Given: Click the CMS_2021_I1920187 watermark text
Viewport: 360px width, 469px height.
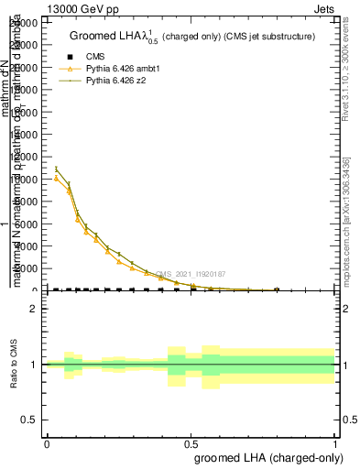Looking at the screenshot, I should tap(191, 273).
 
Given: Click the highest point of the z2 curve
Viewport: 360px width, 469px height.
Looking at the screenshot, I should tap(57, 169).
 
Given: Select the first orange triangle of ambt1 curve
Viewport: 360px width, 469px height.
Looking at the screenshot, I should tap(57, 179).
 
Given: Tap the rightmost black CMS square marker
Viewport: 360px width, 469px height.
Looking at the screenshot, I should tap(277, 290).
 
